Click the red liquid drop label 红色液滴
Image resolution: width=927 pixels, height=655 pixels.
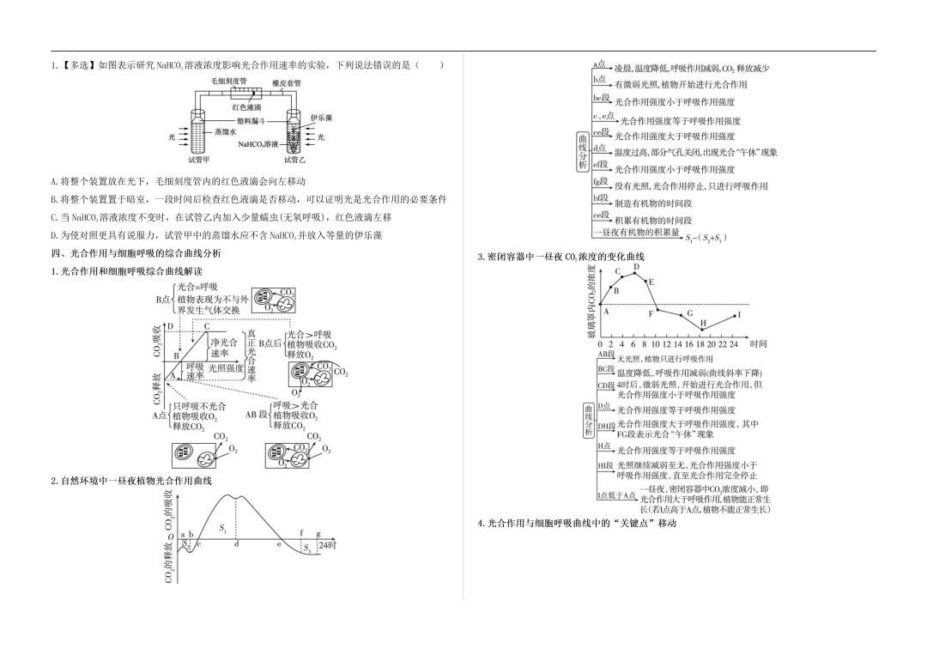point(246,107)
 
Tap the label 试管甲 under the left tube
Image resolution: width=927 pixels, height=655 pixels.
point(199,160)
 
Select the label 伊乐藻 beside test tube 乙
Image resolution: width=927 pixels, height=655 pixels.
point(321,118)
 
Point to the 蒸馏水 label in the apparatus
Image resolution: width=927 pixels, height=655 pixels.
point(225,132)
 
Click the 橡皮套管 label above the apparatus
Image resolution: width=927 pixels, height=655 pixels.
point(287,83)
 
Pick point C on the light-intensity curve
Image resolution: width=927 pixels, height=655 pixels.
point(206,326)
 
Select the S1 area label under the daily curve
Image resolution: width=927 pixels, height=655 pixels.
point(223,529)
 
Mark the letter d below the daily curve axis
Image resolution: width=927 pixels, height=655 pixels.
point(236,544)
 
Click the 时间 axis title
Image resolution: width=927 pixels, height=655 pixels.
point(758,344)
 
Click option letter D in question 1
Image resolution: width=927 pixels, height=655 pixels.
point(54,235)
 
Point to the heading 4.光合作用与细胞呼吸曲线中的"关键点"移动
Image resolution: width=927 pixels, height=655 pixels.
point(577,523)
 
